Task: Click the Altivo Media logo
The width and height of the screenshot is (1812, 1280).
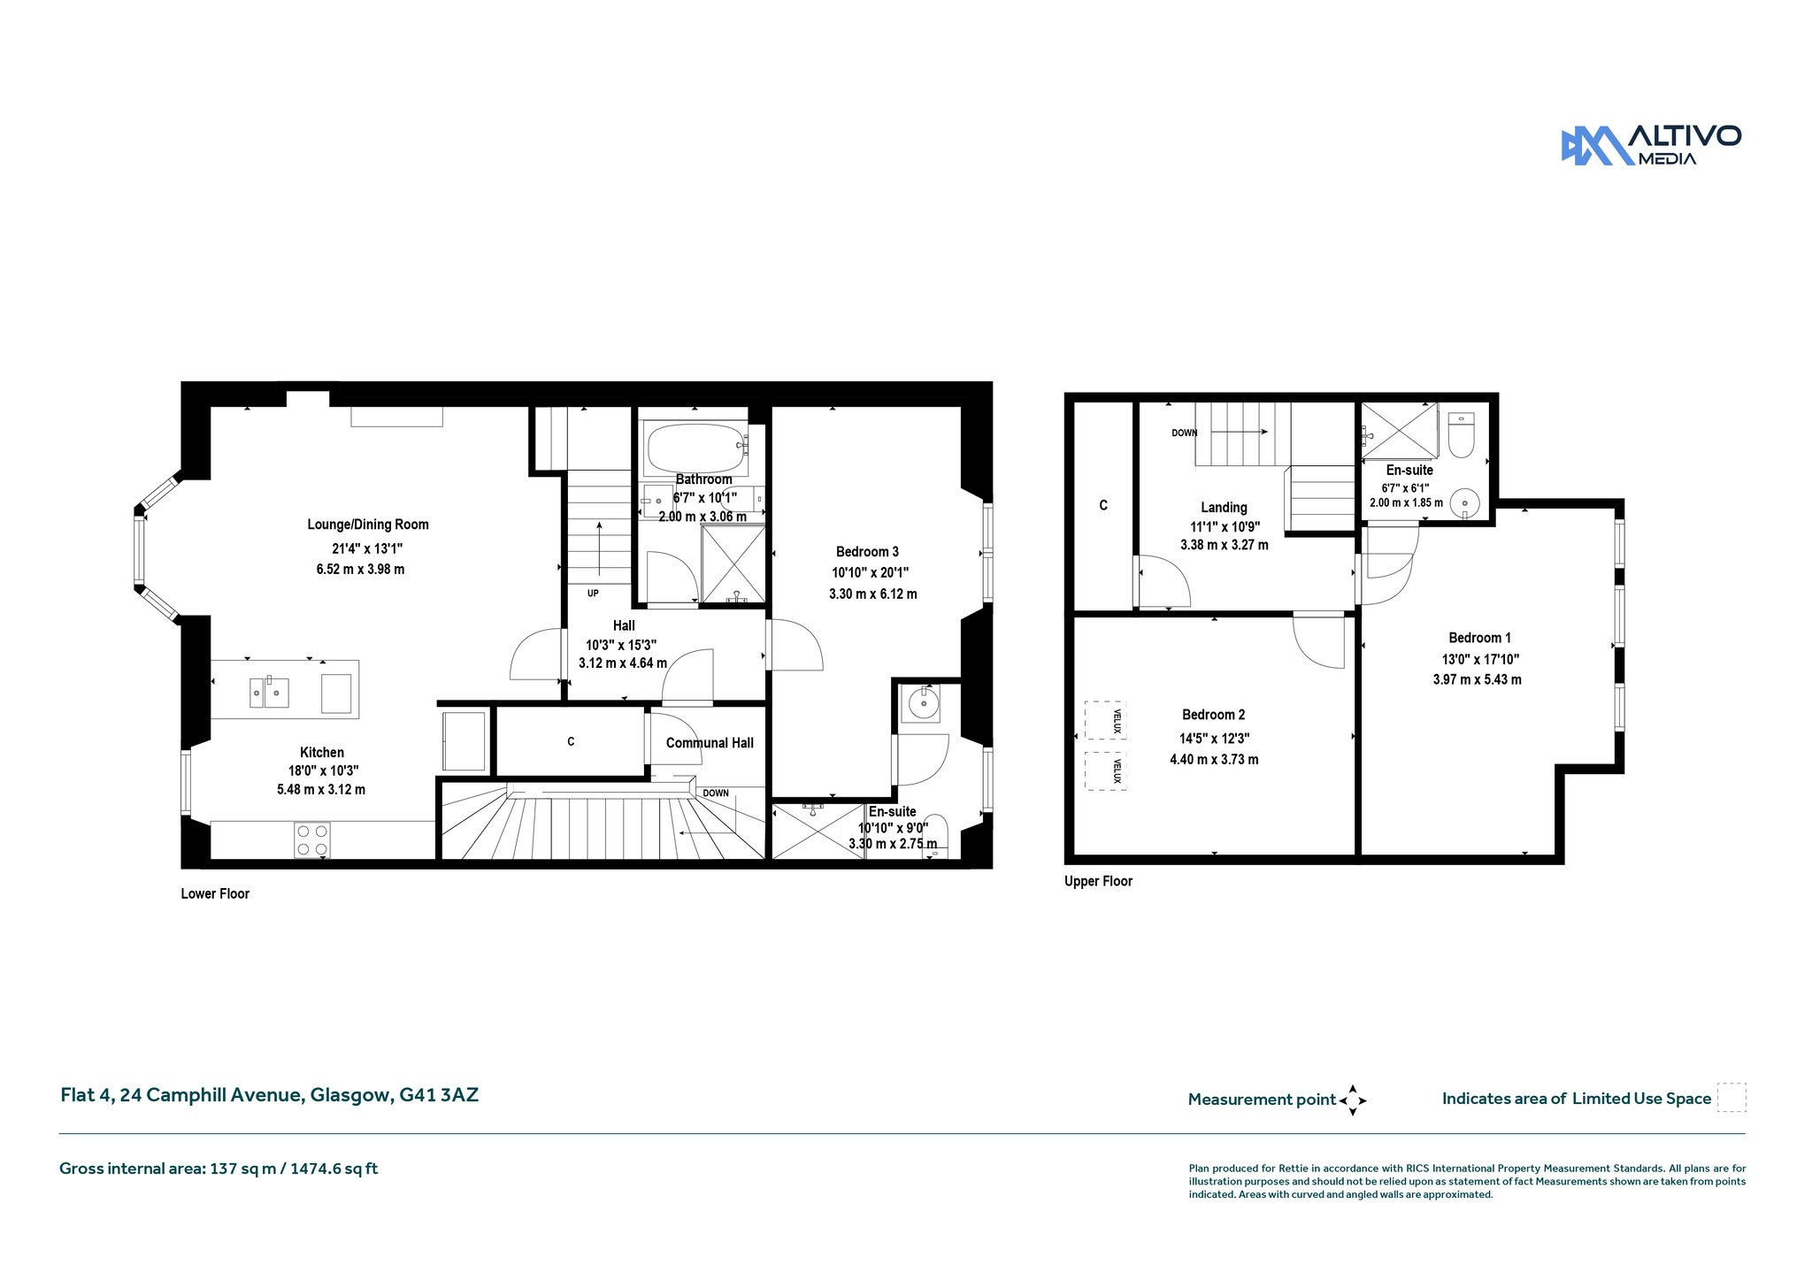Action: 1651,145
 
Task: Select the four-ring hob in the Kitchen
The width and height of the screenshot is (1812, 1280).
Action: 312,839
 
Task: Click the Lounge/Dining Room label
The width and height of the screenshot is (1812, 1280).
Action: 368,525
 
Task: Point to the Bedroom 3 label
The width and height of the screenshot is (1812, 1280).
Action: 867,552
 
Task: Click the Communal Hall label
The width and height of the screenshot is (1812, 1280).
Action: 710,743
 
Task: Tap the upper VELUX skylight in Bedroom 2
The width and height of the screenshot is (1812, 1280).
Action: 1105,720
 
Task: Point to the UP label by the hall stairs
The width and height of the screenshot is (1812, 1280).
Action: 593,593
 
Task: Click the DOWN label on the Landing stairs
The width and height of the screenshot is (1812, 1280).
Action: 1184,433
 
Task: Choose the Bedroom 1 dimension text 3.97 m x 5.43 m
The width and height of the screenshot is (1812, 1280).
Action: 1478,679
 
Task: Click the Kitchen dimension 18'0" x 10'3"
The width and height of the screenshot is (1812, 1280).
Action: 323,770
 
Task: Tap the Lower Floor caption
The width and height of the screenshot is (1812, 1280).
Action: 215,893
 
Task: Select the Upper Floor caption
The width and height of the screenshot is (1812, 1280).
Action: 1098,881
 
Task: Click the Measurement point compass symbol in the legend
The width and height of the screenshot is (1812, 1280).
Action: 1353,1100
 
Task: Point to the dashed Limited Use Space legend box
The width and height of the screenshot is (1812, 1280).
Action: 1731,1098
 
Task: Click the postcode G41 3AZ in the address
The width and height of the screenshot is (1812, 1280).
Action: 439,1095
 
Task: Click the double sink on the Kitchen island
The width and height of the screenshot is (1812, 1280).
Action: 269,692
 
